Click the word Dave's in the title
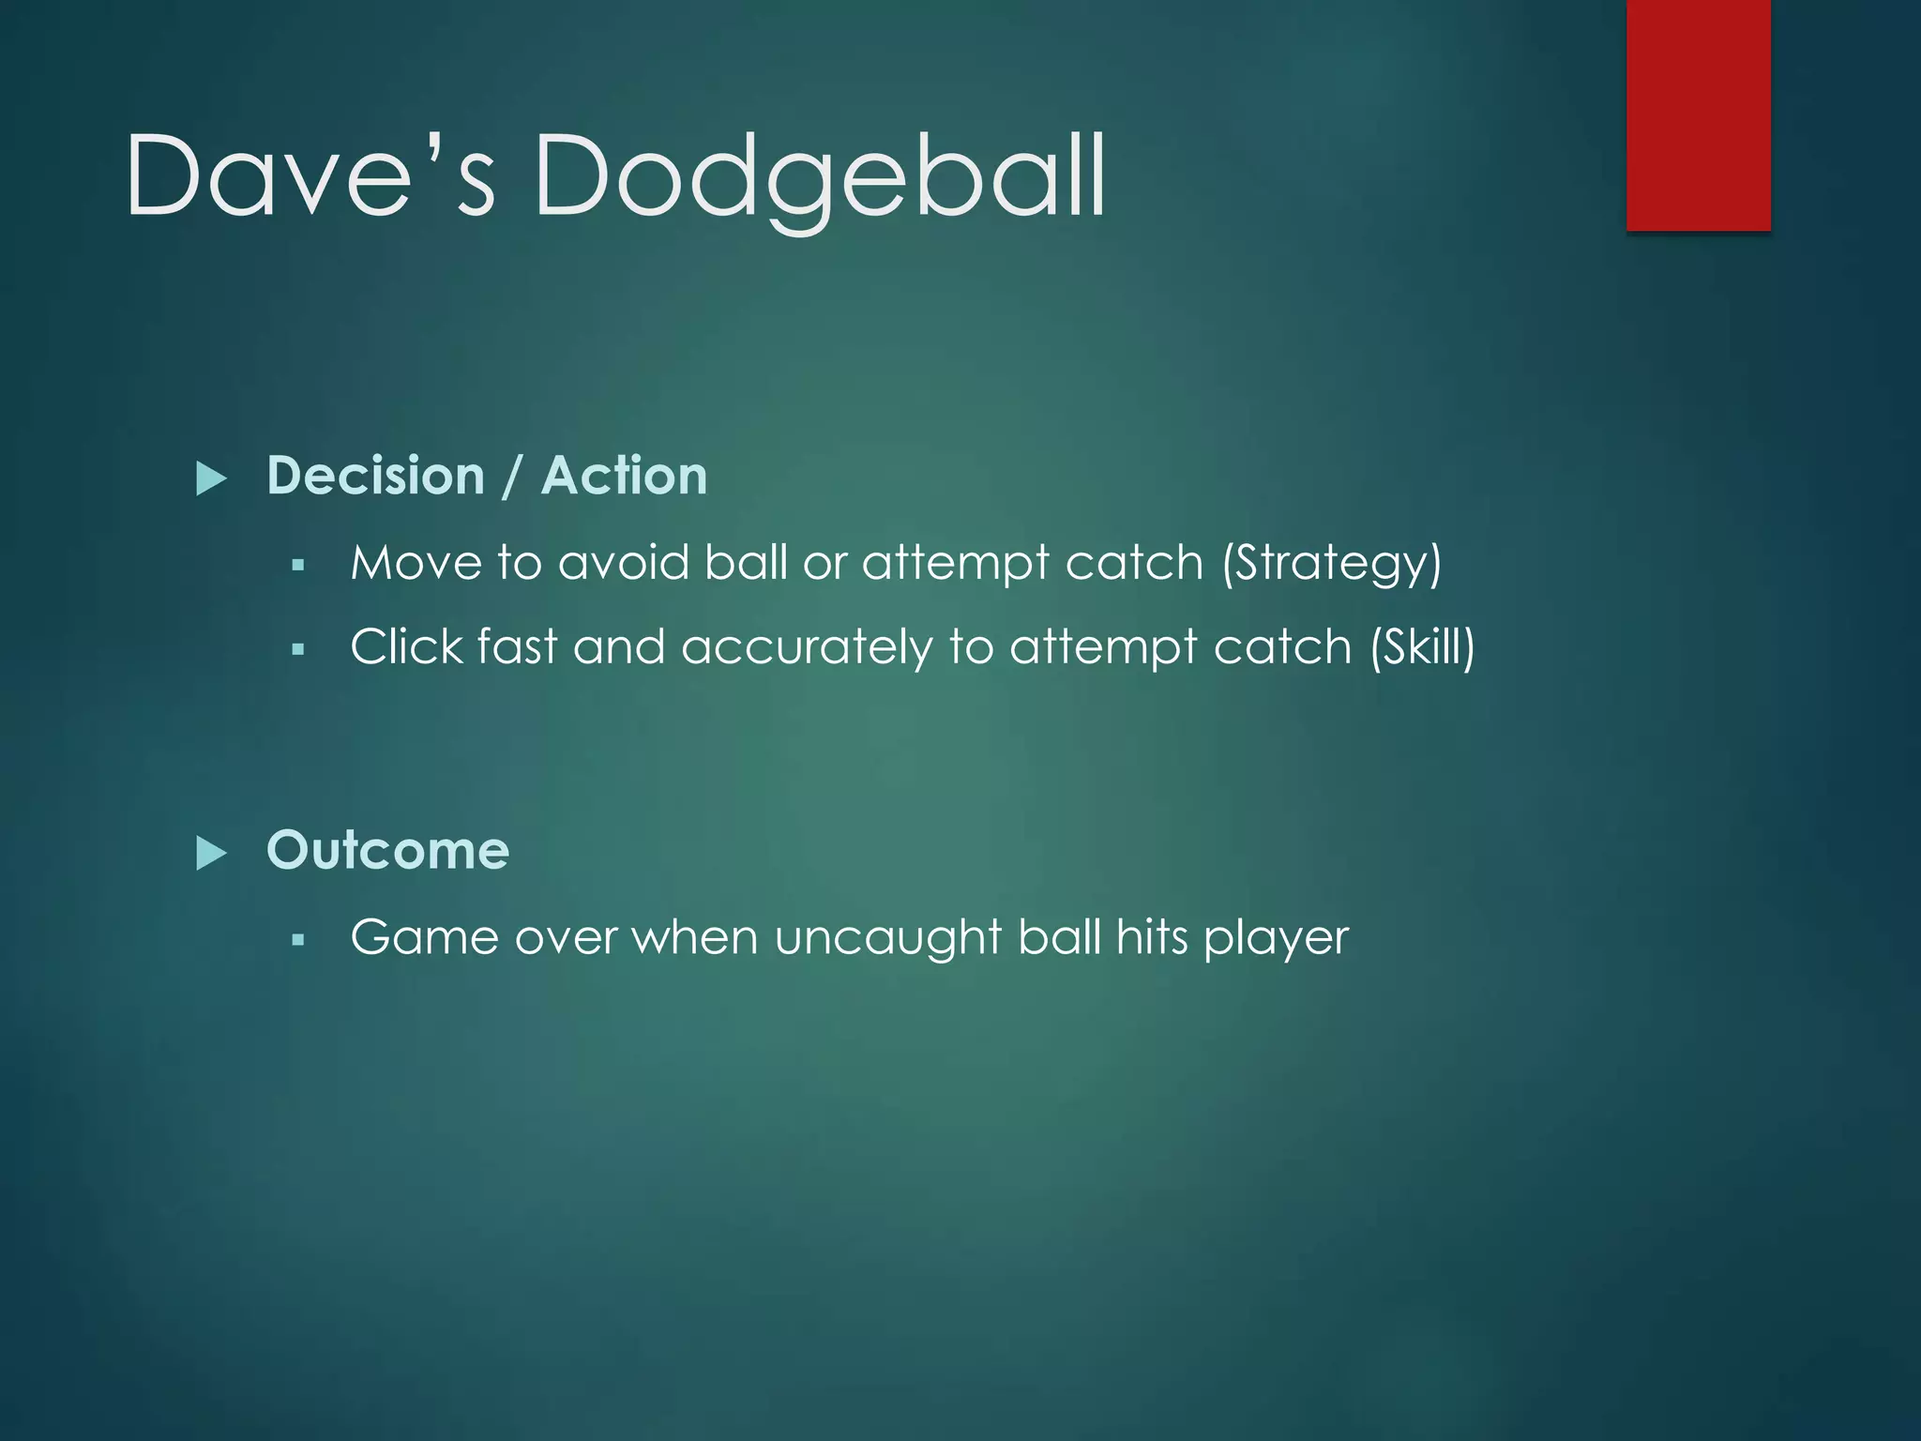[x=310, y=176]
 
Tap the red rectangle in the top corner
[x=1698, y=114]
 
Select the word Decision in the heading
[x=375, y=476]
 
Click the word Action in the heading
[x=624, y=476]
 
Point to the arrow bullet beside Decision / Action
[x=212, y=478]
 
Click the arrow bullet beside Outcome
[x=212, y=854]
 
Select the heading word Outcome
[x=387, y=850]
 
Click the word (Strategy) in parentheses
[x=1331, y=564]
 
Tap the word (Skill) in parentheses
[x=1422, y=647]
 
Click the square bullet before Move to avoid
[x=298, y=565]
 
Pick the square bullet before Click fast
[x=298, y=648]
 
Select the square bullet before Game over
[x=298, y=938]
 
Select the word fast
[x=517, y=647]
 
